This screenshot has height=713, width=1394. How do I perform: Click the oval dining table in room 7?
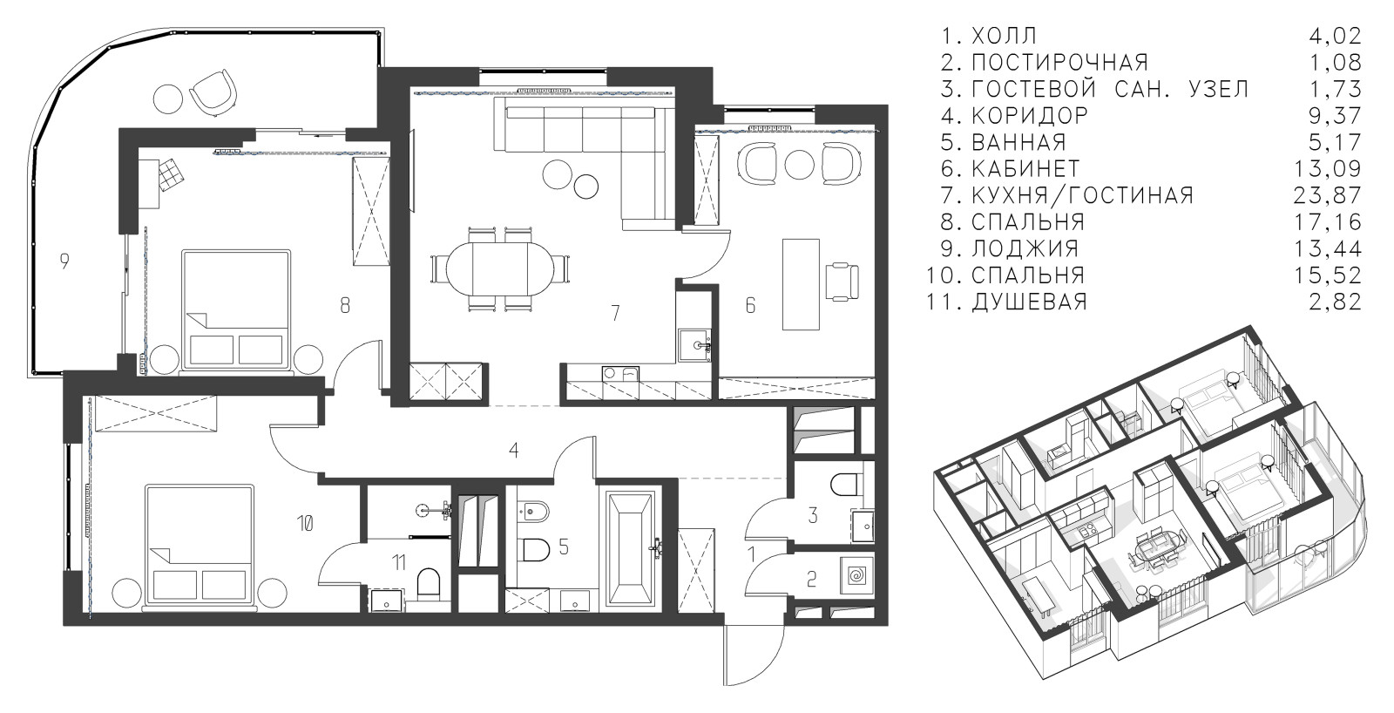[500, 268]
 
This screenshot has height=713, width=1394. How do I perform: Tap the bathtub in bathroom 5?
[631, 548]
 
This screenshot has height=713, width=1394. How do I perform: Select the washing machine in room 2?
[856, 575]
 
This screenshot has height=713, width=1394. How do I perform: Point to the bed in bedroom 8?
[236, 311]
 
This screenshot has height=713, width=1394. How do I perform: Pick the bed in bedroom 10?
[200, 547]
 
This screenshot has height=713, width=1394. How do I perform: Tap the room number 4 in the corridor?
[513, 450]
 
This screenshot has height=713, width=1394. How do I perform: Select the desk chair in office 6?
[842, 282]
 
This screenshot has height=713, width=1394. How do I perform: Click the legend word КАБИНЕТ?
[1025, 169]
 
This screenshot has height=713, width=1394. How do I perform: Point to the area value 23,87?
[1328, 195]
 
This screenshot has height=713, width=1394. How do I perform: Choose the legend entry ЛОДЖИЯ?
[1025, 248]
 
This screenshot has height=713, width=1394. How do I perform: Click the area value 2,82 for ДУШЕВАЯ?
[1335, 302]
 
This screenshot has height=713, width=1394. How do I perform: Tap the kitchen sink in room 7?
[694, 345]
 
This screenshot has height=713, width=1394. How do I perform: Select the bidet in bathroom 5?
[534, 512]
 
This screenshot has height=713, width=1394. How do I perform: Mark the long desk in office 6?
[801, 284]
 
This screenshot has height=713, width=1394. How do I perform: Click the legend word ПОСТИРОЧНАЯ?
[1059, 62]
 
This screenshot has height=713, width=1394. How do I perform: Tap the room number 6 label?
[750, 305]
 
